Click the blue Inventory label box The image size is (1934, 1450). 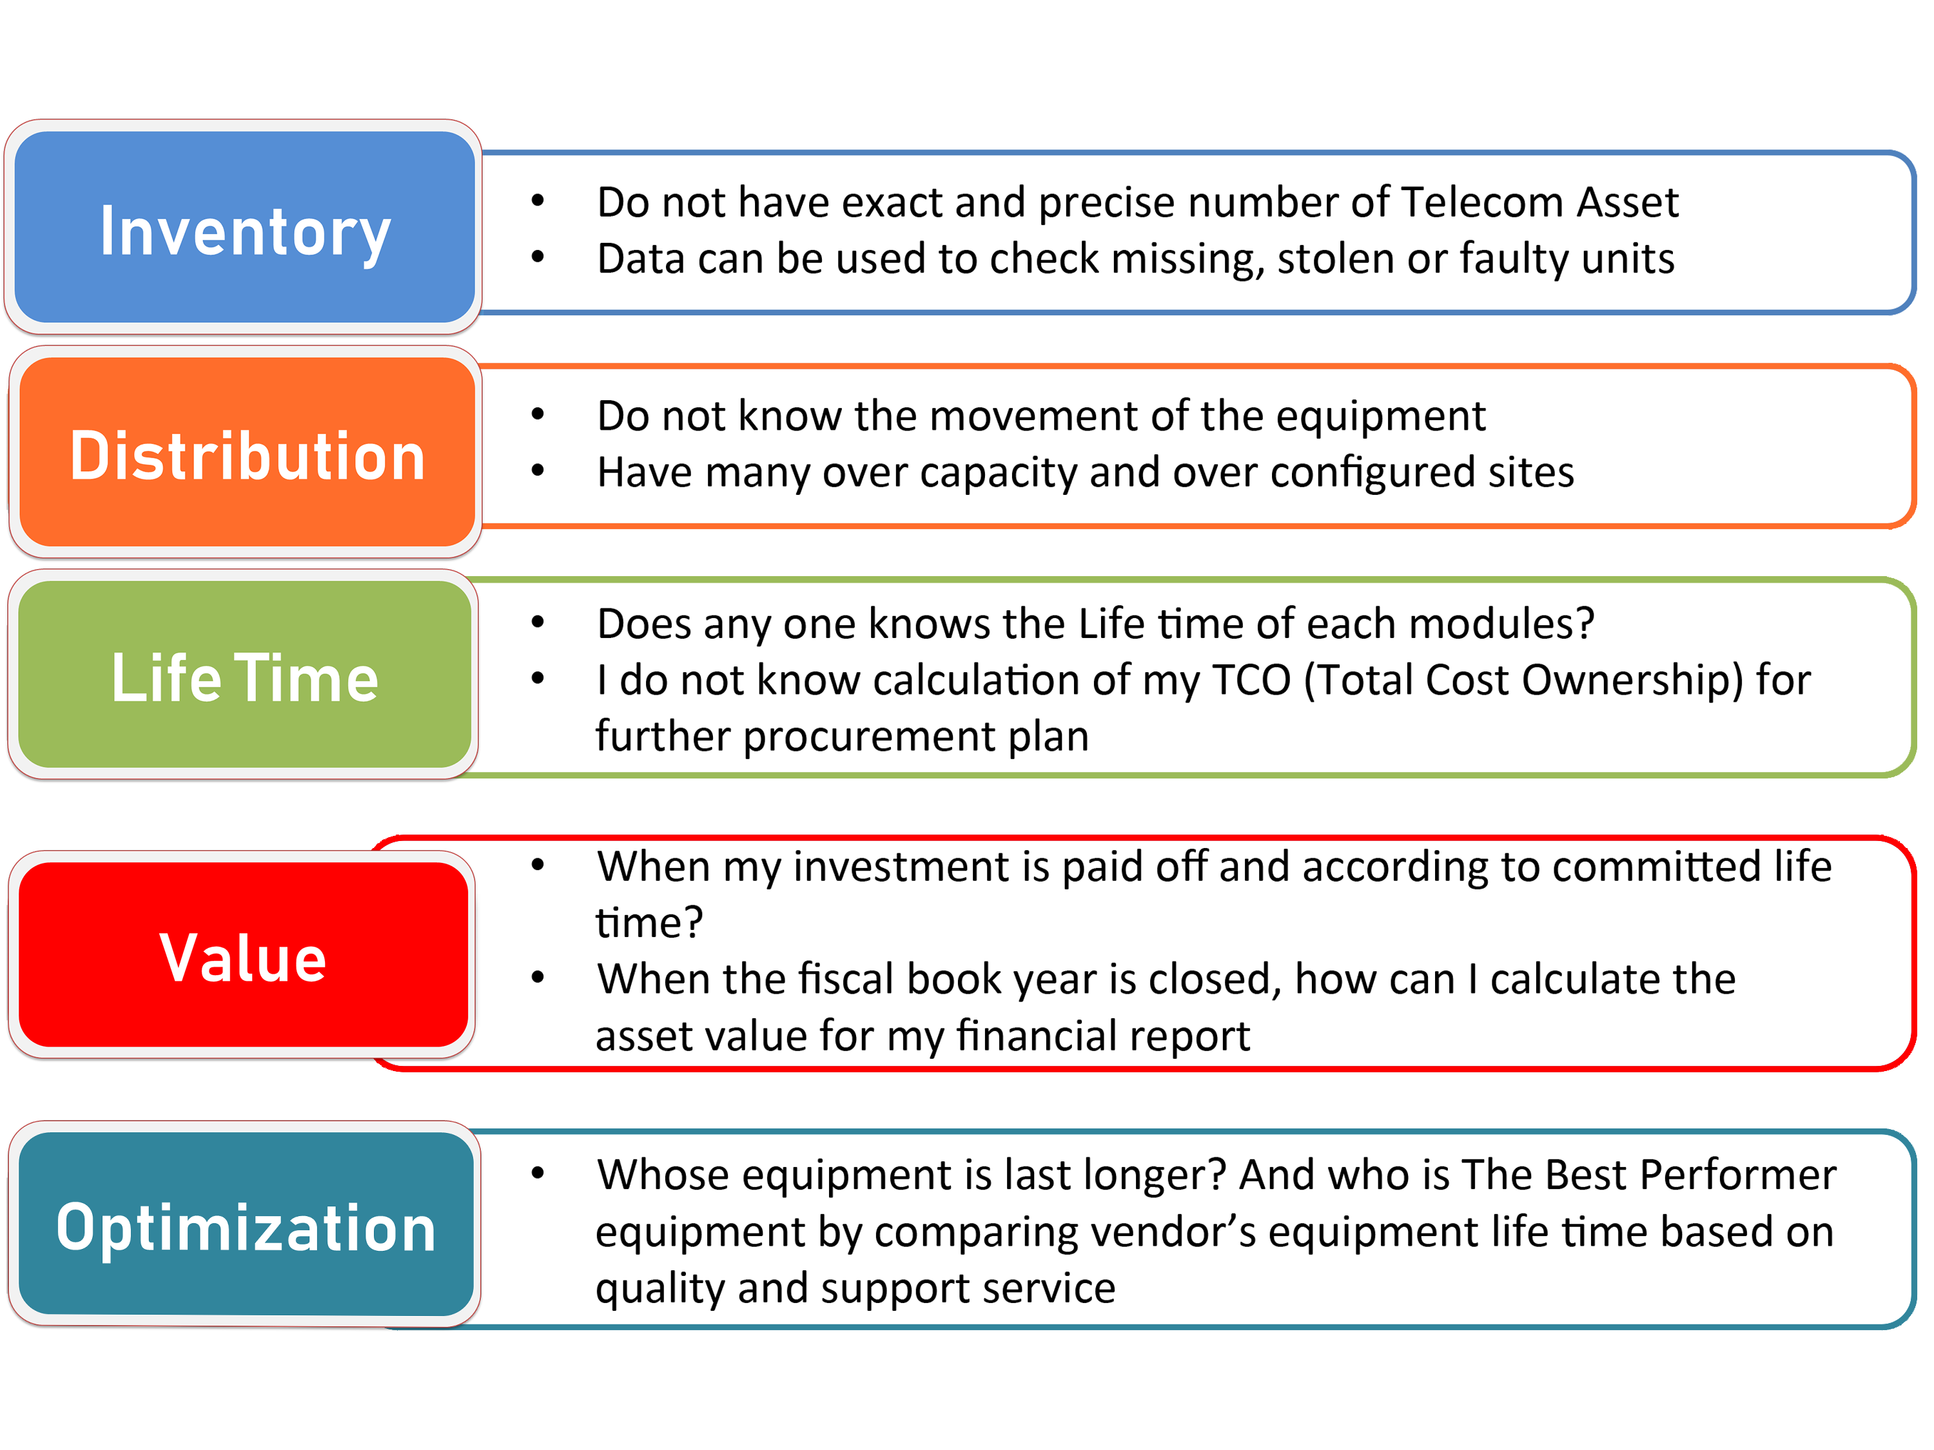point(245,227)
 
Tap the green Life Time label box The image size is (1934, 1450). point(245,675)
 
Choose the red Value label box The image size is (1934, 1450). point(243,954)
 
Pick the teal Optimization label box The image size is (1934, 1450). point(246,1224)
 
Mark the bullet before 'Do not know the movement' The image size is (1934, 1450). point(538,414)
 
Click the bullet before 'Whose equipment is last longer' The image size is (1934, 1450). point(538,1173)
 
